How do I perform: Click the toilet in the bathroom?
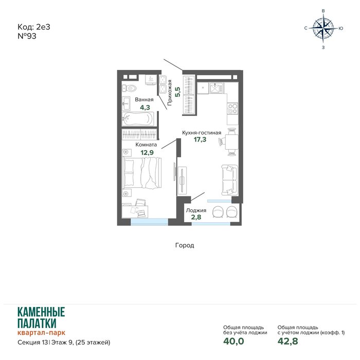point(129,88)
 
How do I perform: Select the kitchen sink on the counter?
point(216,88)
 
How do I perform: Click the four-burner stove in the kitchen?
point(232,109)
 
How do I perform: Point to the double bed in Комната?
point(142,172)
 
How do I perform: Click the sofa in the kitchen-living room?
point(229,180)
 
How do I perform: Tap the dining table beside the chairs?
point(231,142)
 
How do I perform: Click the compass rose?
point(323,28)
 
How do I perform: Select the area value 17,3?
point(200,139)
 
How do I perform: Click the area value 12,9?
point(147,152)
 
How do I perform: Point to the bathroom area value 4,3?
point(145,107)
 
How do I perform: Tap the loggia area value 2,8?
point(196,217)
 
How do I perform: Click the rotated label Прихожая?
point(170,93)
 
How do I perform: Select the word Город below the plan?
point(185,245)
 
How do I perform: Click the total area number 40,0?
point(233,341)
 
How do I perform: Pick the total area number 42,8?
point(287,341)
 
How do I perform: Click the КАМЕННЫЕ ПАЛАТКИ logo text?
point(41,318)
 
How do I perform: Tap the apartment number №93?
point(27,36)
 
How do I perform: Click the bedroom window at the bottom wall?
point(149,222)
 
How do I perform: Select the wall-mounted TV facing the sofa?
point(182,181)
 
